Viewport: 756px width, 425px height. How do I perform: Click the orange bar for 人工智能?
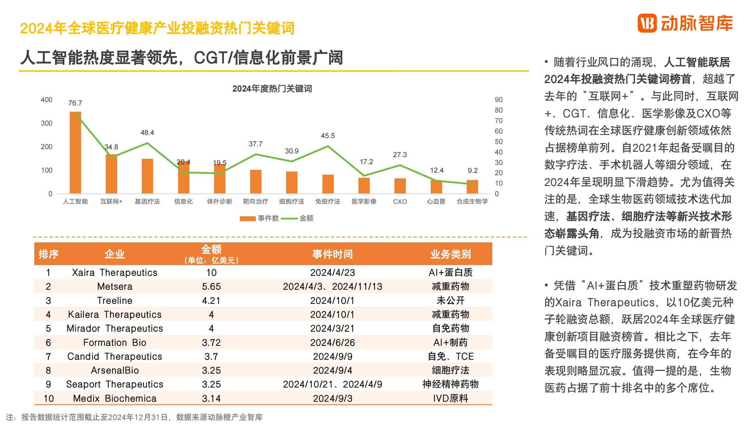pyautogui.click(x=75, y=153)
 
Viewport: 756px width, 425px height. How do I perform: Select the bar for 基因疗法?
pyautogui.click(x=147, y=176)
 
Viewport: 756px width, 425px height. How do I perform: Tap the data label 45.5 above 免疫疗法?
pyautogui.click(x=328, y=136)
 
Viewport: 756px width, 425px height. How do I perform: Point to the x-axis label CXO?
pyautogui.click(x=400, y=202)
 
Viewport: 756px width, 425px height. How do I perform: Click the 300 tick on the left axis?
pyautogui.click(x=47, y=123)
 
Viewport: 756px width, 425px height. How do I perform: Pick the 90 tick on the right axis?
pyautogui.click(x=499, y=100)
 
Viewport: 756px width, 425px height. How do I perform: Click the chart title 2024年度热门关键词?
pyautogui.click(x=272, y=89)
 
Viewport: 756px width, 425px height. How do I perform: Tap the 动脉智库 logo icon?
pyautogui.click(x=647, y=23)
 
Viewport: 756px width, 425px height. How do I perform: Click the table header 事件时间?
pyautogui.click(x=332, y=254)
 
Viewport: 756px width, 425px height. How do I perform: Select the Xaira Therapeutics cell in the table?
pyautogui.click(x=115, y=272)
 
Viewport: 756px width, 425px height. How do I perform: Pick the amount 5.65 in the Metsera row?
pyautogui.click(x=211, y=286)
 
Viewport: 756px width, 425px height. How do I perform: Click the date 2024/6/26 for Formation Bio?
pyautogui.click(x=332, y=342)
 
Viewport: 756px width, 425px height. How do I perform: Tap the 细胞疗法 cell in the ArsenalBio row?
pyautogui.click(x=450, y=370)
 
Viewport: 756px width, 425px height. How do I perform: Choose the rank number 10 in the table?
pyautogui.click(x=48, y=398)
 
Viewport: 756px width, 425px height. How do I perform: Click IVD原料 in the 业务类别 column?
pyautogui.click(x=450, y=398)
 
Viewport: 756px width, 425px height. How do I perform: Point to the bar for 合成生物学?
pyautogui.click(x=472, y=187)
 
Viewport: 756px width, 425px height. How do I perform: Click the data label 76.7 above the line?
pyautogui.click(x=75, y=103)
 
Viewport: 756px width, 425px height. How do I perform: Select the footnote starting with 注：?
pyautogui.click(x=134, y=417)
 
